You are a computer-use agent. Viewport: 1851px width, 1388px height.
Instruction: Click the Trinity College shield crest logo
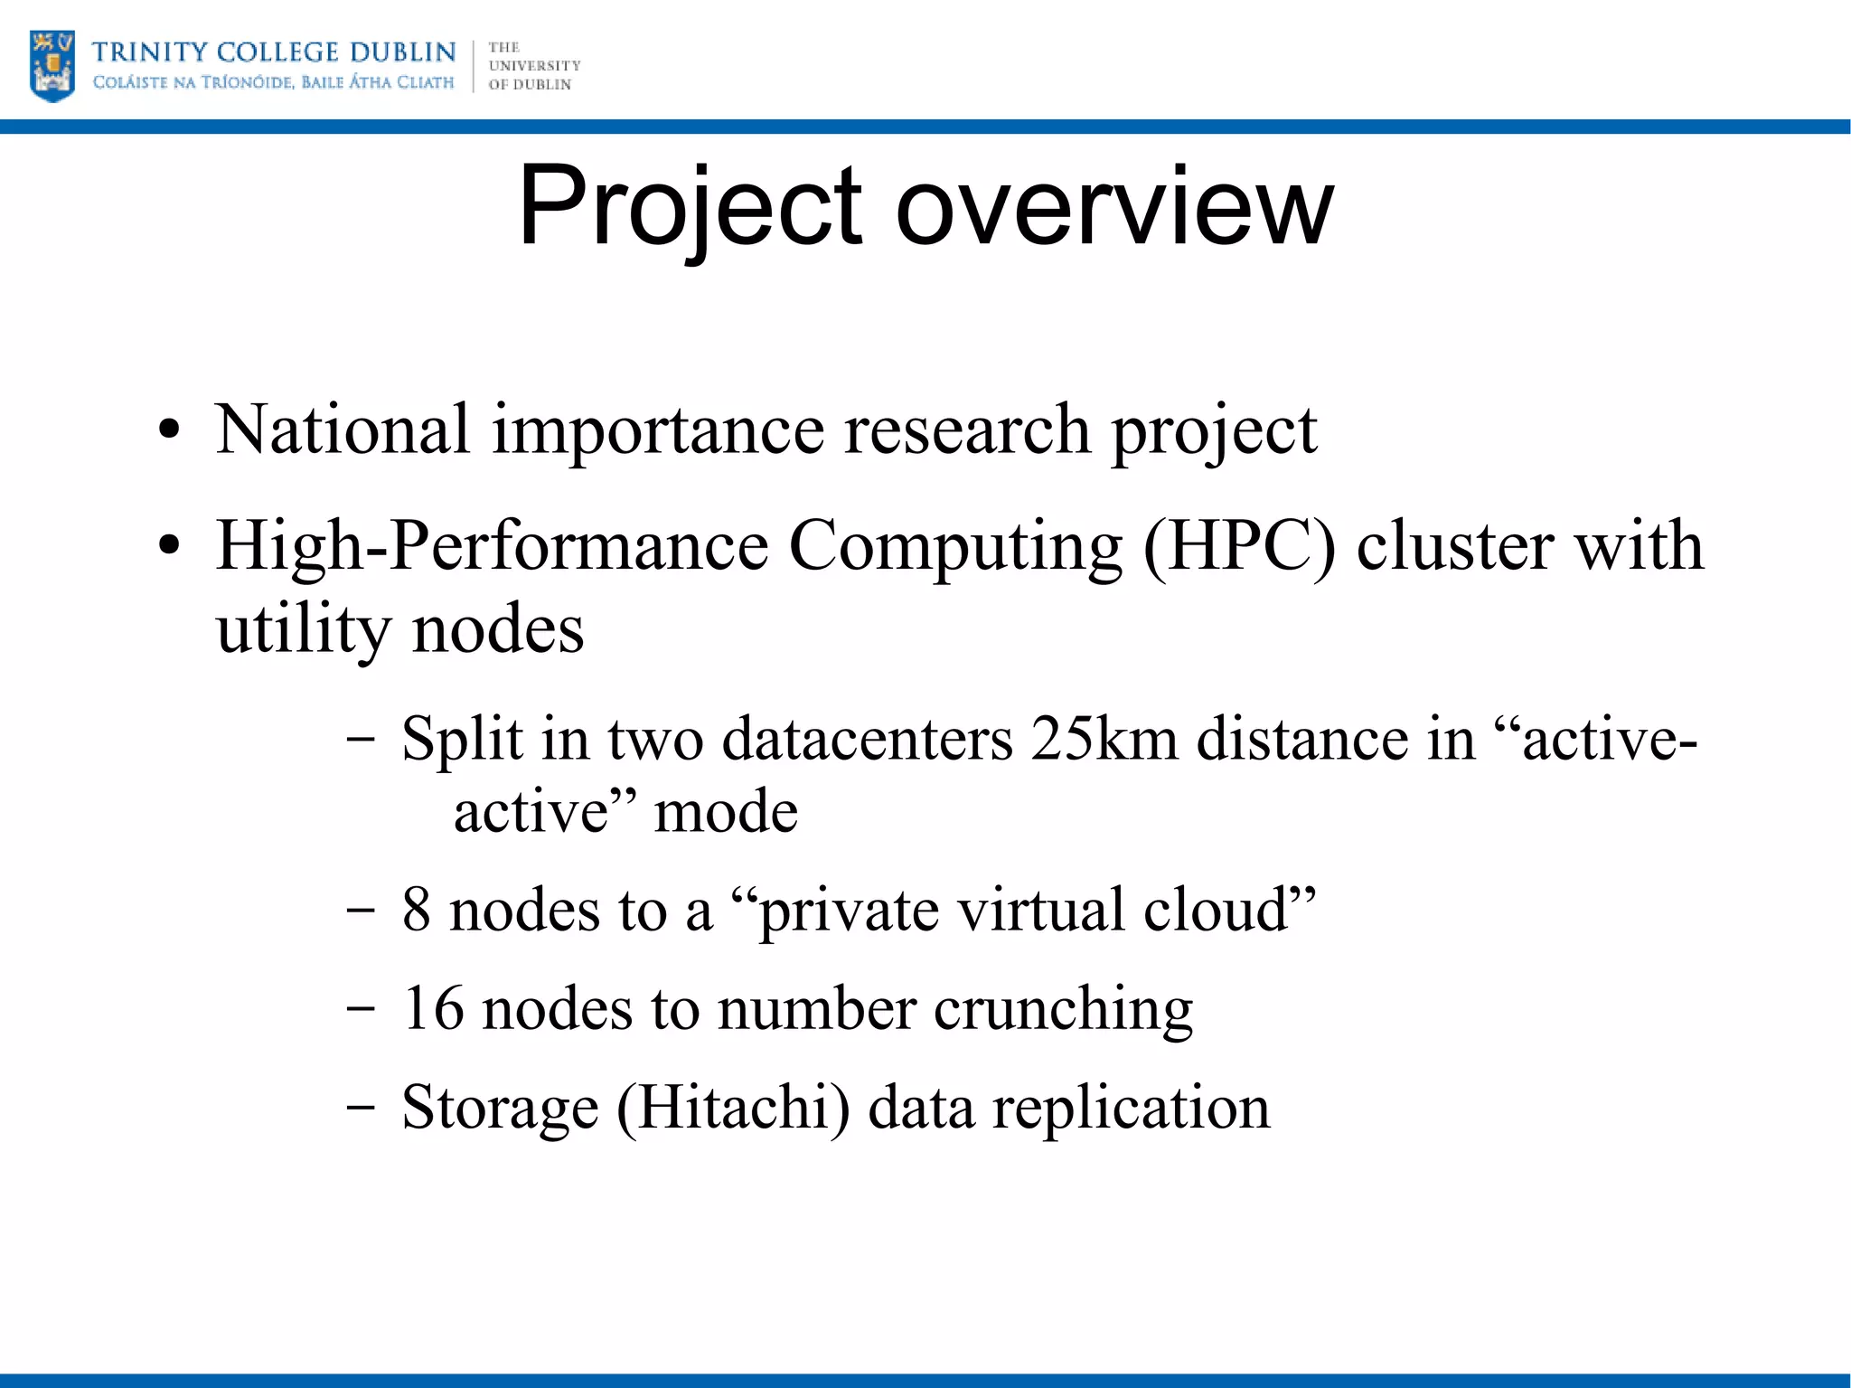[x=52, y=65]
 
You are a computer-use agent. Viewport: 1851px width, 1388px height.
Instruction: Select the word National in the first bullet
[x=343, y=429]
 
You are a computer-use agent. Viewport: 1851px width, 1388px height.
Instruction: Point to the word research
[x=966, y=429]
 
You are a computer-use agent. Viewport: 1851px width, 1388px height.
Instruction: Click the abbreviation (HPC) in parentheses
[x=1239, y=546]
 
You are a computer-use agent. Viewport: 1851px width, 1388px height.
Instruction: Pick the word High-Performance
[x=492, y=546]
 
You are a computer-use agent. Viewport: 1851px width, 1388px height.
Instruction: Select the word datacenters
[x=868, y=739]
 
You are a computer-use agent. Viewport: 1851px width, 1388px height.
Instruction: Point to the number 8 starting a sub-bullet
[x=416, y=909]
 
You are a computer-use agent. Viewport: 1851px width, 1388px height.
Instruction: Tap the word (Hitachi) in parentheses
[x=733, y=1107]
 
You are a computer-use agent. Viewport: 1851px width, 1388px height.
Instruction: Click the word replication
[x=1131, y=1107]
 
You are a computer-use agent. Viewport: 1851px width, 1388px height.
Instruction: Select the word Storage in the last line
[x=500, y=1107]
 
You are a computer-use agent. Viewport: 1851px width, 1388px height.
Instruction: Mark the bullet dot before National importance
[x=169, y=430]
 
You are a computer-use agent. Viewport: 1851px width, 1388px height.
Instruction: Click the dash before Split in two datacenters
[x=361, y=739]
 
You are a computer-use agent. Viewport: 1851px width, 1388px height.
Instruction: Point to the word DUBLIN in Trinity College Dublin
[x=402, y=52]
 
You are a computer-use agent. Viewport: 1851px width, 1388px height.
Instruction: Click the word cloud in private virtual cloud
[x=1228, y=909]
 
